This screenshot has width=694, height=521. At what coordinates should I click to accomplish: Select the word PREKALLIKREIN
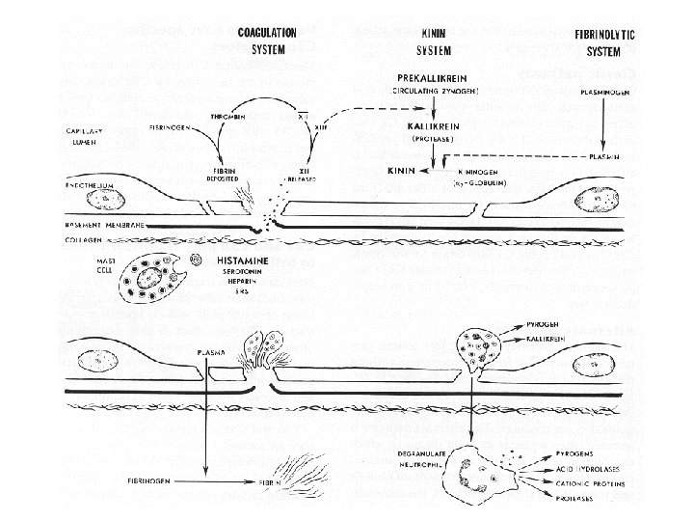pos(427,77)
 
